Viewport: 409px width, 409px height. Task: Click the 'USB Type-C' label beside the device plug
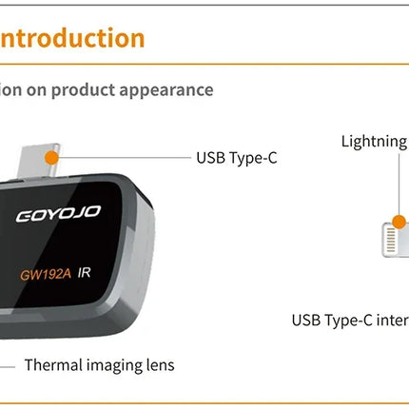[x=236, y=157]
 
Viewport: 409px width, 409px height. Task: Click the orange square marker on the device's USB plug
[x=53, y=156]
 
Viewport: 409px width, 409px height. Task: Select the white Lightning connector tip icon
[x=392, y=234]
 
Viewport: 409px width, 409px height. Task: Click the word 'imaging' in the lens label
[x=114, y=365]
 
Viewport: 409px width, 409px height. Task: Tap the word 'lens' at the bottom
[x=159, y=364]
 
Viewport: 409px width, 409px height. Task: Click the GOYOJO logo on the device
[x=58, y=213]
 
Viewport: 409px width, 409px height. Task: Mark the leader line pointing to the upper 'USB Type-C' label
[x=124, y=156]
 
